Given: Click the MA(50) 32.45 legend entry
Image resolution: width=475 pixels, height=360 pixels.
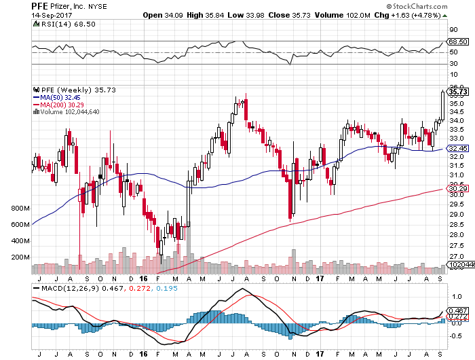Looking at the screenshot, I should pos(62,97).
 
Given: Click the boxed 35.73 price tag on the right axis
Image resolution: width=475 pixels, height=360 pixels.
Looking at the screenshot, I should pos(459,91).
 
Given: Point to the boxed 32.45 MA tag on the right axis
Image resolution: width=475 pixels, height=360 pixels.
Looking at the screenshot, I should pos(459,148).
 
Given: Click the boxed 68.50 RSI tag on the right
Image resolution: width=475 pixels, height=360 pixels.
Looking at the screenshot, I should pos(459,41).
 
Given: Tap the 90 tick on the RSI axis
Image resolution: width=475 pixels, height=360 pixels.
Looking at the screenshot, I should pos(453,29).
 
